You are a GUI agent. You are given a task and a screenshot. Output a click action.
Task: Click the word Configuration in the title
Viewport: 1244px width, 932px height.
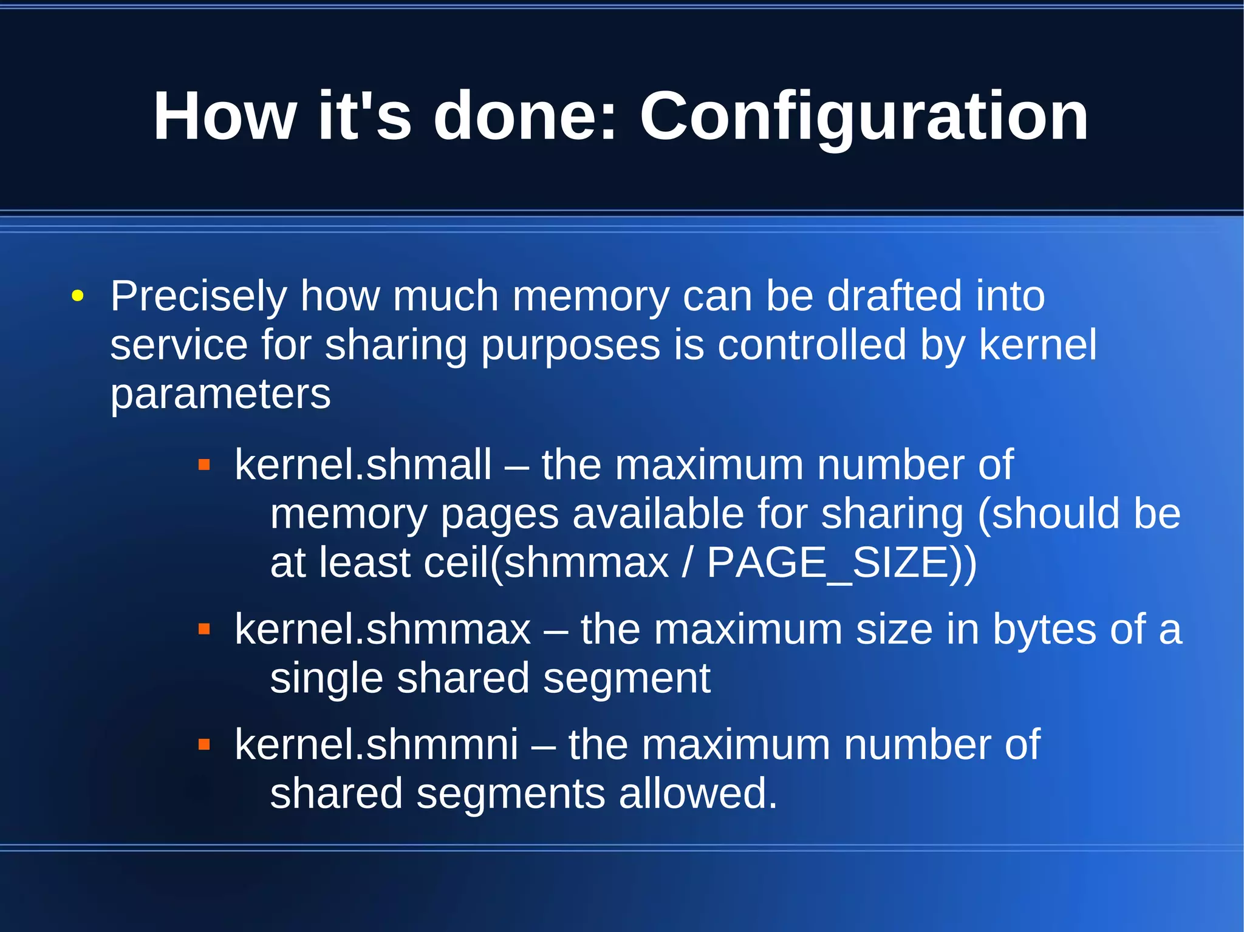864,117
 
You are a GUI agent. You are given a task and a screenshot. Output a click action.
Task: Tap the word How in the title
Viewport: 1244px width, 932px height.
225,116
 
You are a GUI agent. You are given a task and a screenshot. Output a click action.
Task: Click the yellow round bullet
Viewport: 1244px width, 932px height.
77,297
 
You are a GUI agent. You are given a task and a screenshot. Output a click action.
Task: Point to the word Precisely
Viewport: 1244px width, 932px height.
199,297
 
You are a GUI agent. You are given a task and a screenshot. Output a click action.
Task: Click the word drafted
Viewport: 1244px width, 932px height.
895,296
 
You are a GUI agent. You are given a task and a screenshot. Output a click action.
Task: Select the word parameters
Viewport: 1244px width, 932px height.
220,395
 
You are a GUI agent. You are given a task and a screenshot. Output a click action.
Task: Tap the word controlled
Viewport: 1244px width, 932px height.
812,345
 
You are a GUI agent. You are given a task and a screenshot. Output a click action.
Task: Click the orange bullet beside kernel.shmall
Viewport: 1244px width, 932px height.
204,466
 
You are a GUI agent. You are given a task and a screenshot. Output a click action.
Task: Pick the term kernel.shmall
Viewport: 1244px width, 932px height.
363,465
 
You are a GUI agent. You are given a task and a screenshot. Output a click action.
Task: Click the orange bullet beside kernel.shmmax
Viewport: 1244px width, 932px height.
204,630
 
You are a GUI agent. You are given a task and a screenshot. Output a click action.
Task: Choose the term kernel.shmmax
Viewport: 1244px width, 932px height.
383,630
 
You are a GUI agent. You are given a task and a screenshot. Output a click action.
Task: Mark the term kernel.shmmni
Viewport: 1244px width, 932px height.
377,744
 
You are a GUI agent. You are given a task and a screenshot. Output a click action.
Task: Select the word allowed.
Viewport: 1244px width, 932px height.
698,794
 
